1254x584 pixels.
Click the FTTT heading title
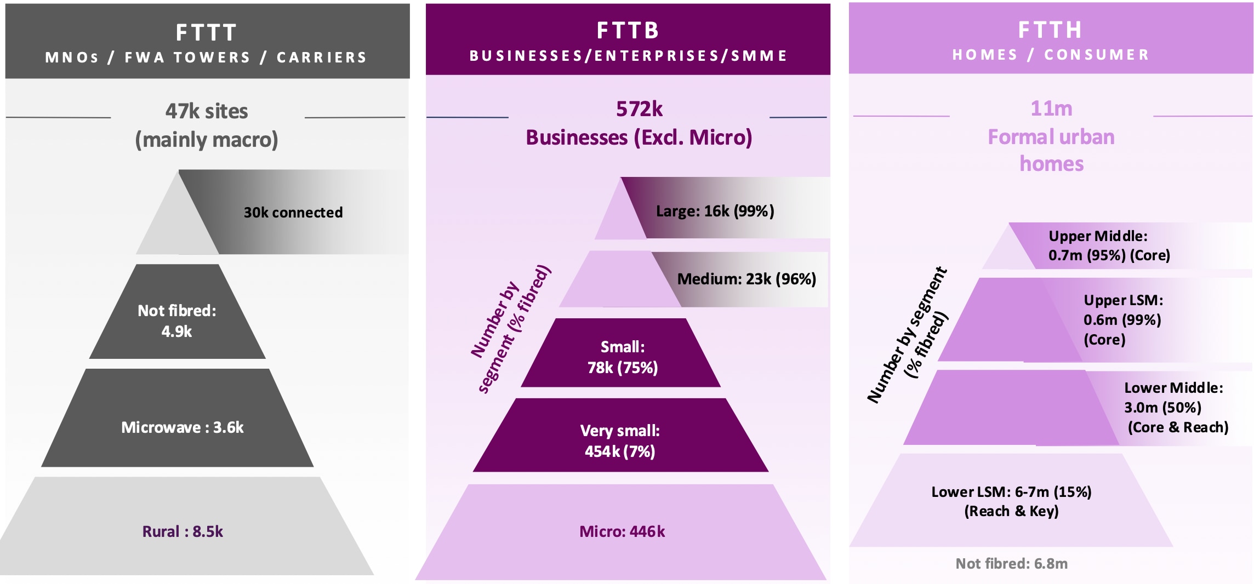pyautogui.click(x=207, y=33)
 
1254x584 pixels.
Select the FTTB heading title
pyautogui.click(x=628, y=31)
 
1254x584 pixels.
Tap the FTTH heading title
pyautogui.click(x=1050, y=30)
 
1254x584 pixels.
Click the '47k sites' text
pyautogui.click(x=207, y=111)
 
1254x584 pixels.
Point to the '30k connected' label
pyautogui.click(x=293, y=213)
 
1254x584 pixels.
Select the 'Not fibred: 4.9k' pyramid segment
pyautogui.click(x=177, y=320)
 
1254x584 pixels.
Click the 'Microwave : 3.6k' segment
pyautogui.click(x=183, y=427)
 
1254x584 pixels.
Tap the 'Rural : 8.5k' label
pyautogui.click(x=183, y=531)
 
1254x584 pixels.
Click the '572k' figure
pyautogui.click(x=639, y=109)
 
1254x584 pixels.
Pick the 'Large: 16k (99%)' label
pyautogui.click(x=715, y=211)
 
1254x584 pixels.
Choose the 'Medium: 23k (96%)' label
pyautogui.click(x=746, y=279)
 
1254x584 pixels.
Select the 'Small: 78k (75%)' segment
pyautogui.click(x=622, y=357)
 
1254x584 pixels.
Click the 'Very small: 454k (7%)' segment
pyautogui.click(x=620, y=440)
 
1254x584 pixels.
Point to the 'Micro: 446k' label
pyautogui.click(x=622, y=531)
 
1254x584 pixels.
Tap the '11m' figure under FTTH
pyautogui.click(x=1051, y=108)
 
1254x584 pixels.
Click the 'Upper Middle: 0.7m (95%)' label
pyautogui.click(x=1109, y=245)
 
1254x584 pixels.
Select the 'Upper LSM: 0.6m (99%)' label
pyautogui.click(x=1122, y=319)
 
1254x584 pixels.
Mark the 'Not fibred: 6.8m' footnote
pyautogui.click(x=1011, y=564)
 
